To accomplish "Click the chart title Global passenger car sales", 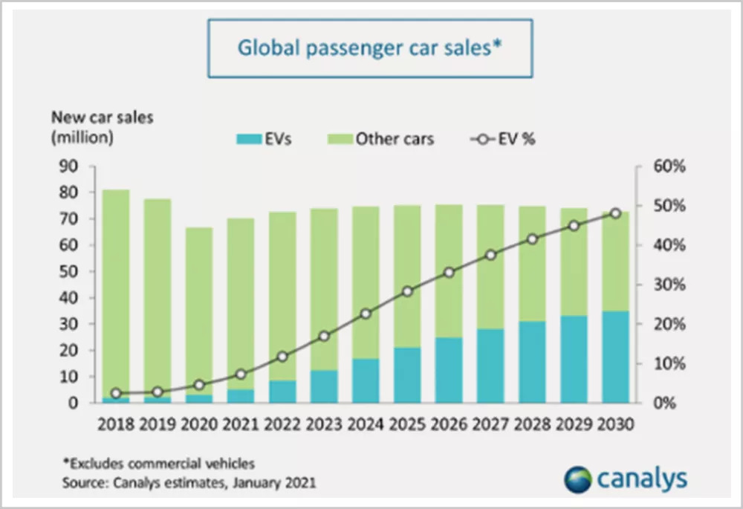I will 369,48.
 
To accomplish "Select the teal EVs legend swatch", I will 252,139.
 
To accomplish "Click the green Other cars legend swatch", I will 339,139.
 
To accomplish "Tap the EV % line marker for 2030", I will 615,213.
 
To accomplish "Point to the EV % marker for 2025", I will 407,291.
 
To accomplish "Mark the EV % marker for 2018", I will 116,393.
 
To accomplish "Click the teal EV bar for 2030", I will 615,357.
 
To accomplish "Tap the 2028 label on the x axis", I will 533,425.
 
